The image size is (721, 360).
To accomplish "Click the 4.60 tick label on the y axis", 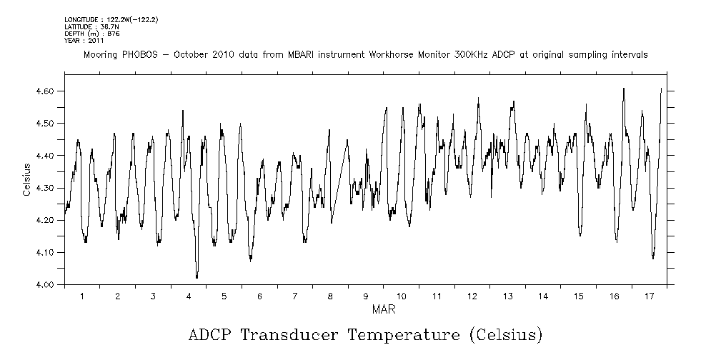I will (44, 91).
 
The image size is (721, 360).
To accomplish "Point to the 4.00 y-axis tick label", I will (44, 285).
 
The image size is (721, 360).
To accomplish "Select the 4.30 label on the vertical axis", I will (44, 188).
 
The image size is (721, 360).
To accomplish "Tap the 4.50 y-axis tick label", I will (44, 124).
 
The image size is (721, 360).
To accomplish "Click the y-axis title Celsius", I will (26, 179).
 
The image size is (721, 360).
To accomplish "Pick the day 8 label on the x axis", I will (330, 296).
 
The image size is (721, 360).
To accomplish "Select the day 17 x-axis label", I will (649, 296).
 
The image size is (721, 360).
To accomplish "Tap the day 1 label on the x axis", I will (82, 296).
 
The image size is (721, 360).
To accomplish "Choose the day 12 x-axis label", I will (472, 296).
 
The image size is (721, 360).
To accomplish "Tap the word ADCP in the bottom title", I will (212, 334).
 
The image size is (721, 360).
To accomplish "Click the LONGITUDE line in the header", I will (111, 20).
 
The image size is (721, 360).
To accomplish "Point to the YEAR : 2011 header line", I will (84, 41).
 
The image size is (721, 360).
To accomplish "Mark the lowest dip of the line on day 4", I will (197, 277).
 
